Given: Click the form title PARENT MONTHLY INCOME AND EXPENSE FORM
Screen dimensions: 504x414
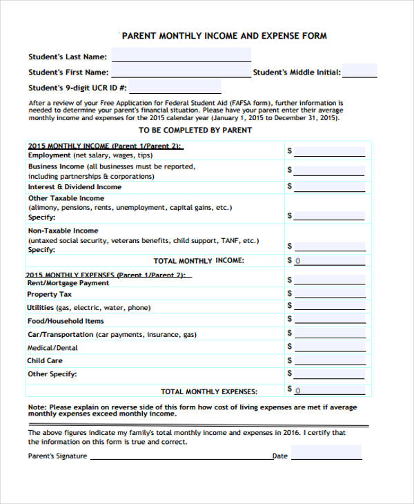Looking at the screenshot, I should click(x=224, y=36).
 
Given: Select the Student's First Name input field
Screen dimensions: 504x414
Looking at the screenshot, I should click(x=181, y=72).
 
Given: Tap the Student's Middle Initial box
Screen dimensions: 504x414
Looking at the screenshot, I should click(x=359, y=71).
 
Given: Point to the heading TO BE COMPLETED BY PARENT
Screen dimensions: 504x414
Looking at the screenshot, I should click(x=195, y=130).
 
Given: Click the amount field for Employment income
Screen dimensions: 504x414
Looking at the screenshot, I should click(x=329, y=151).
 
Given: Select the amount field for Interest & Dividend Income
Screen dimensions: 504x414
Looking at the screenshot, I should click(x=329, y=186).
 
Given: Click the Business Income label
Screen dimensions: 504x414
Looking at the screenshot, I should click(x=56, y=166).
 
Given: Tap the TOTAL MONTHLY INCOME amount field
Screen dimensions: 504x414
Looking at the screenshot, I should click(x=329, y=261).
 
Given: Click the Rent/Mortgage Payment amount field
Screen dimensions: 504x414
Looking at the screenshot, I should click(x=329, y=280).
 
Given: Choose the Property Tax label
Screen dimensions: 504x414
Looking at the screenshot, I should click(x=49, y=294).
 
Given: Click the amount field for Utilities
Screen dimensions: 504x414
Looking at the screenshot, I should click(x=329, y=307).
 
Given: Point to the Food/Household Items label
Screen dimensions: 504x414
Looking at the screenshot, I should click(x=66, y=321).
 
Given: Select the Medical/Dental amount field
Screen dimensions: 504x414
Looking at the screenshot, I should click(x=329, y=348).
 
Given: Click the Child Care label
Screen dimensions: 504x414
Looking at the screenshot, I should click(x=45, y=360).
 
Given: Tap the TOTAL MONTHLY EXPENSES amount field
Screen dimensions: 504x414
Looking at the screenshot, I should click(x=329, y=391).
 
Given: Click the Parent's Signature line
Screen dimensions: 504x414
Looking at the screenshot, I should click(x=181, y=456).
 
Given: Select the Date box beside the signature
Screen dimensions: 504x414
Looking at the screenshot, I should click(x=326, y=453).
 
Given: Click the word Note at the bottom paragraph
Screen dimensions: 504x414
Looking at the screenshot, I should click(x=36, y=407).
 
